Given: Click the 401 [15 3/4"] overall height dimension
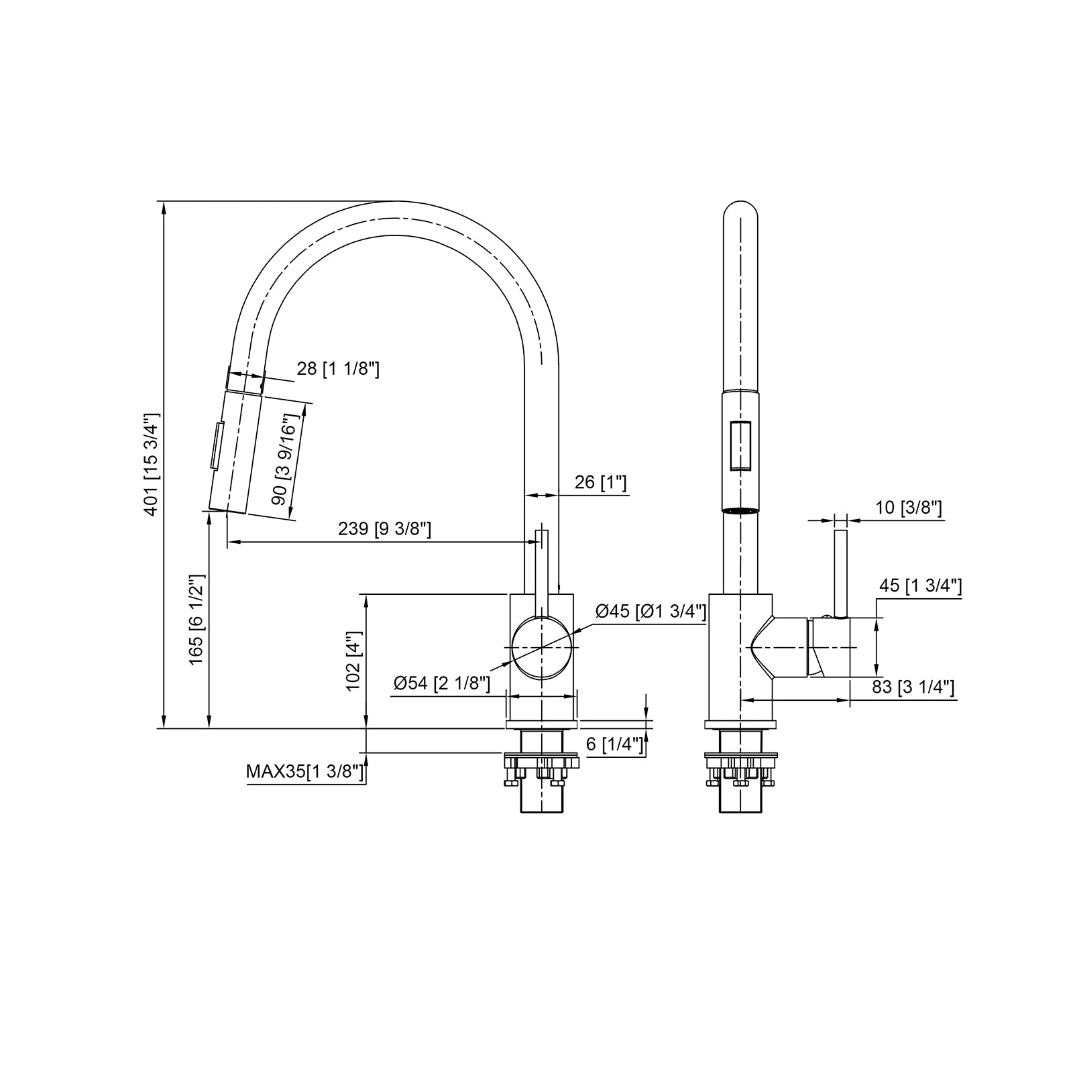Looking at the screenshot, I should coord(151,464).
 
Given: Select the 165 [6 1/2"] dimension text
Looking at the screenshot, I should coord(196,619).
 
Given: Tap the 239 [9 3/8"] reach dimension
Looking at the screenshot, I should coord(384,529).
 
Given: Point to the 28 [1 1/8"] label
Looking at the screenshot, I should coord(338,368).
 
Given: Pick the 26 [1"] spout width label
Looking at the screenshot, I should coord(600,482).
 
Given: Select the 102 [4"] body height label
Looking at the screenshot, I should coord(354,661).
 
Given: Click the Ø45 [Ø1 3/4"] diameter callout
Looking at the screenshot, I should coord(651,611).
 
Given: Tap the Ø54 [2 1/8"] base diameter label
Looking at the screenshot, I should coord(442,683).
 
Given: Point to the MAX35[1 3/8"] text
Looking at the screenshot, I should coord(305,772).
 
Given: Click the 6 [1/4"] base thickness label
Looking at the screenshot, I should coord(614,744).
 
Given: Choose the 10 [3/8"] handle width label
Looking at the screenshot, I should coord(909,508).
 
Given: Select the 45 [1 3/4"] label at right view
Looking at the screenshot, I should coord(920,586).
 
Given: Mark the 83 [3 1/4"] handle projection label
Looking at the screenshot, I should coord(913,687).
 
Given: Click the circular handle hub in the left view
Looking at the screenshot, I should coord(541,648).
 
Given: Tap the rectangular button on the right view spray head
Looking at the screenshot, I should coord(740,446).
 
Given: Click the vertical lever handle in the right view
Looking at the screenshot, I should coord(840,573).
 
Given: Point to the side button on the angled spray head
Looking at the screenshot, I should coord(216,446).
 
